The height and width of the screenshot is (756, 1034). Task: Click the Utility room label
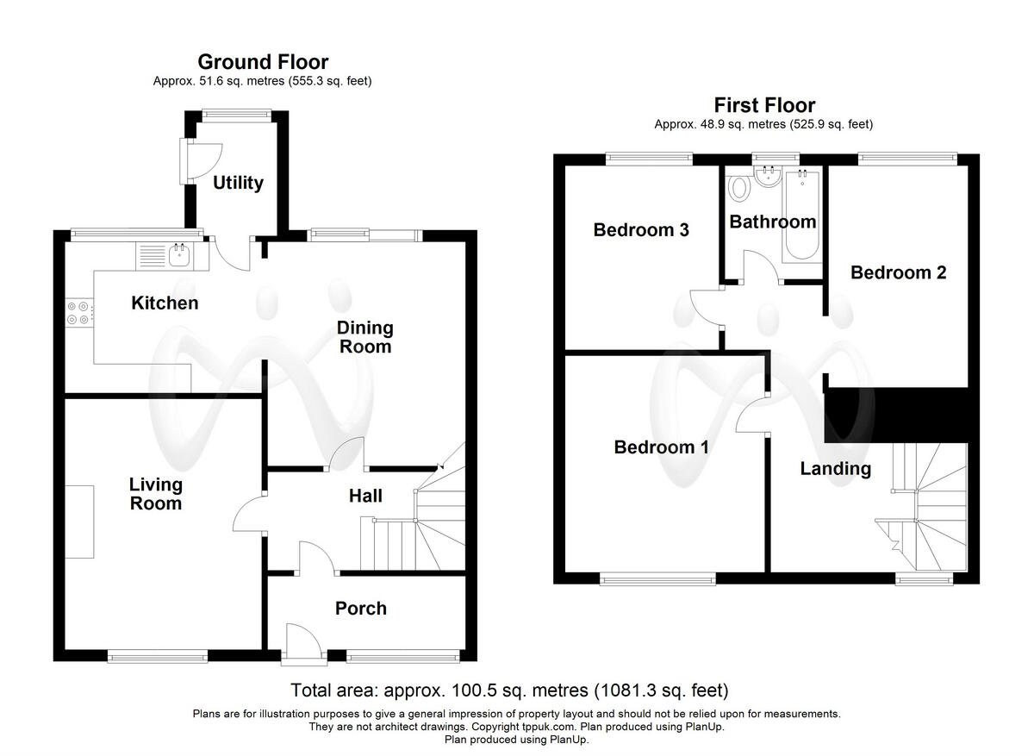click(x=238, y=183)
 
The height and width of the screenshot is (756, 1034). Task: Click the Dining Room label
click(x=364, y=337)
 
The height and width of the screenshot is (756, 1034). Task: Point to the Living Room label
click(x=155, y=494)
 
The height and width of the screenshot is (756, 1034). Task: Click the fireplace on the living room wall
click(x=79, y=522)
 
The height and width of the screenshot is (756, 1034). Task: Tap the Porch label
click(x=360, y=609)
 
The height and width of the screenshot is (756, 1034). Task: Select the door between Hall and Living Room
click(x=250, y=515)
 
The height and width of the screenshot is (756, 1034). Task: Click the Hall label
click(x=365, y=496)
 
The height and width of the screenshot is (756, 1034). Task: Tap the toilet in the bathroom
click(x=738, y=187)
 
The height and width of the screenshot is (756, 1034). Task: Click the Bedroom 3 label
click(x=640, y=230)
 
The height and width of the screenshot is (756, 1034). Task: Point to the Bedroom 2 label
click(x=898, y=272)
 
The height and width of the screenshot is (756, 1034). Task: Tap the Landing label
click(x=835, y=469)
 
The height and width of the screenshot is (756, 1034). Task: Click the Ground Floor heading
click(x=263, y=62)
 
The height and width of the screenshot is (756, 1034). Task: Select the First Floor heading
click(x=763, y=105)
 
